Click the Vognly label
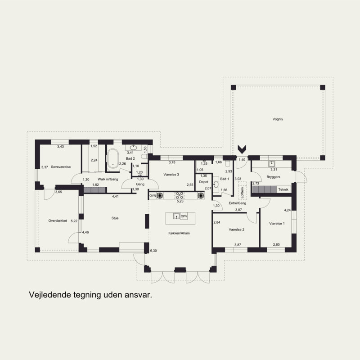(278, 119)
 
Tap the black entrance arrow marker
(242, 149)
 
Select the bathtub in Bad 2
(113, 158)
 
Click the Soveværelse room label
(61, 167)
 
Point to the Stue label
(115, 218)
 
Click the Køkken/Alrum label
(179, 233)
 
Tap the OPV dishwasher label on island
(184, 216)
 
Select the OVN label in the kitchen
(153, 196)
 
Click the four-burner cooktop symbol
(180, 195)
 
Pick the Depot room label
(204, 182)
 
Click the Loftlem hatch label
(242, 193)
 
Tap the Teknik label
(283, 189)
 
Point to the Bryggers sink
(272, 164)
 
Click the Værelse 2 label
(237, 229)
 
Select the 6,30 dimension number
(153, 251)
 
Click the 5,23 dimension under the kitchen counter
(180, 201)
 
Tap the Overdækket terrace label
(58, 220)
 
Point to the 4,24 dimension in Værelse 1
(288, 210)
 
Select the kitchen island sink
(176, 216)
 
